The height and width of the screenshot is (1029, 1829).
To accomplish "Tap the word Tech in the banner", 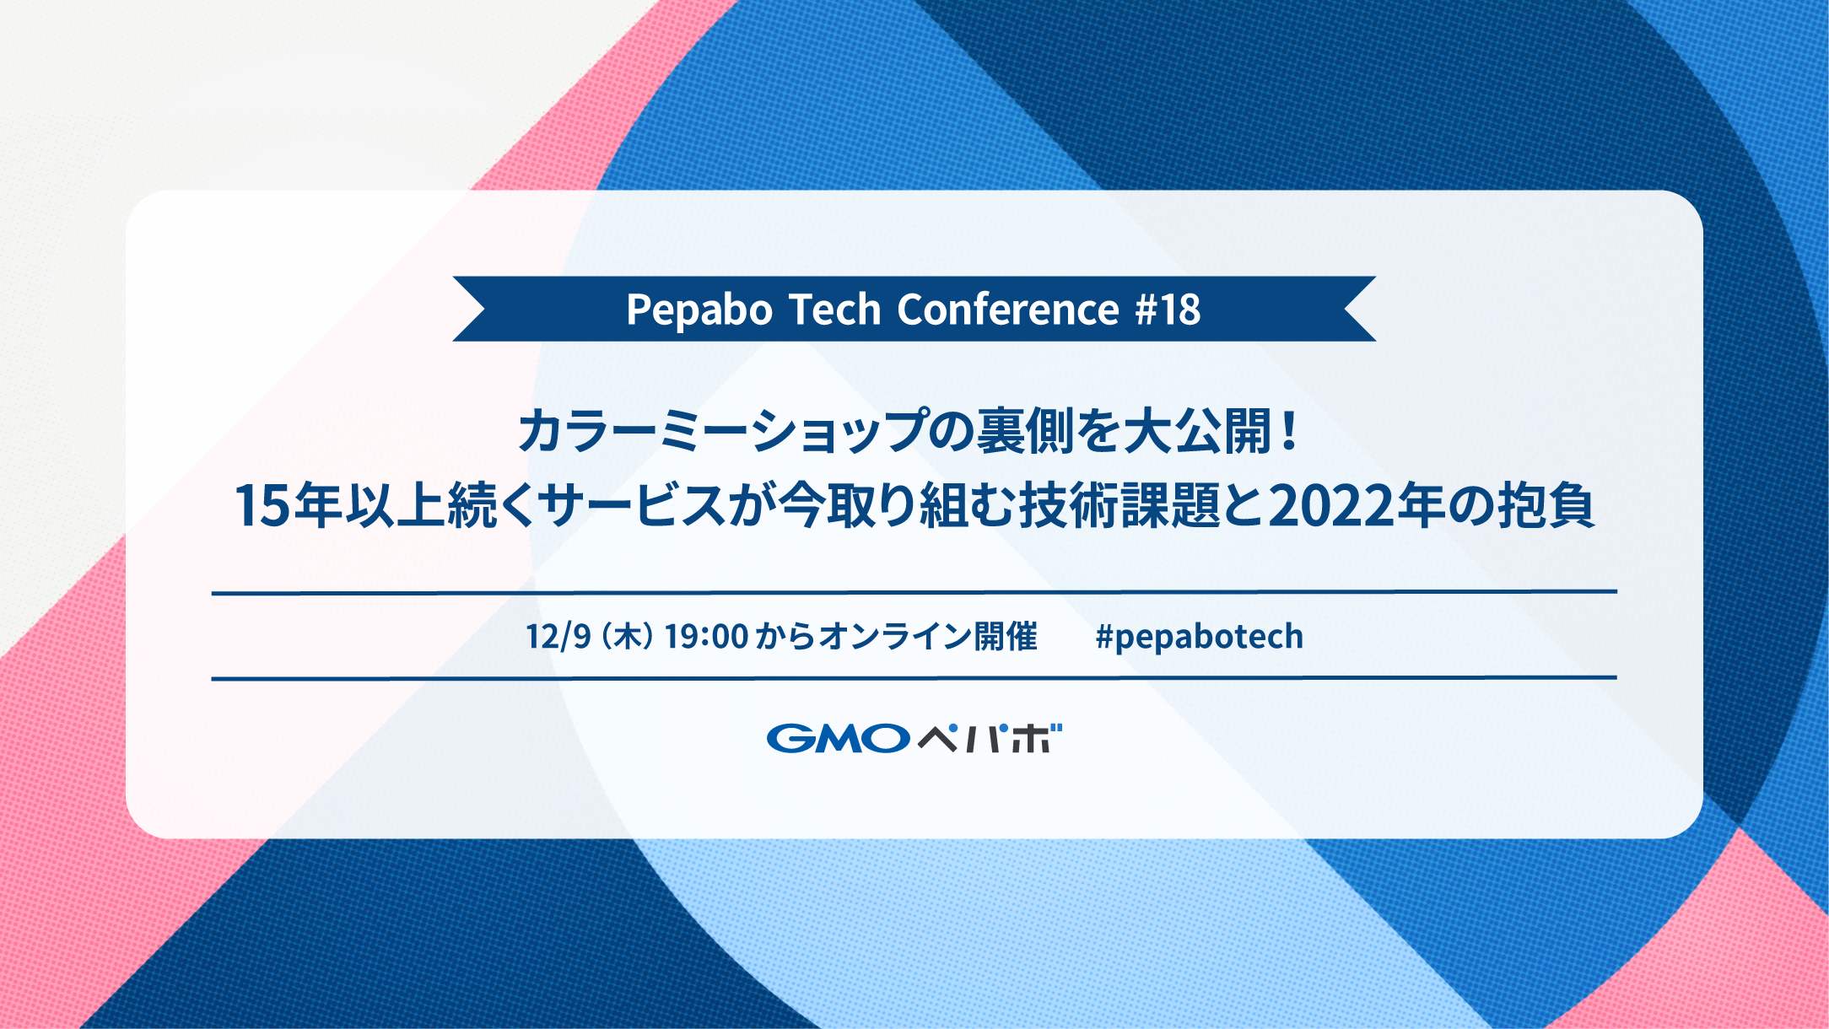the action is (835, 310).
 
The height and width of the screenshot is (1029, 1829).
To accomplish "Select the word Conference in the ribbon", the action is (1008, 309).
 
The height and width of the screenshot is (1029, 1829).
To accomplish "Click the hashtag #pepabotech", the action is (1199, 637).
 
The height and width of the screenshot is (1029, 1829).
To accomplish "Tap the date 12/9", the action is (558, 636).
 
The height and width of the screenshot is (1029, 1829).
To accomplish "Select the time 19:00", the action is (706, 636).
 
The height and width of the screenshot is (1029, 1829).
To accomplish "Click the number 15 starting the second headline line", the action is (262, 506).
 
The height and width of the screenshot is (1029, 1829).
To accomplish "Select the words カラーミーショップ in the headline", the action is (723, 431).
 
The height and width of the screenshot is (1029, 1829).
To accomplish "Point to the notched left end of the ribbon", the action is (469, 309).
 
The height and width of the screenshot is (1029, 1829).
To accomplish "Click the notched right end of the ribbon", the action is (1360, 309).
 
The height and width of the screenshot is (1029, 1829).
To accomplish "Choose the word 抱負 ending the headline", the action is (1546, 506).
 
